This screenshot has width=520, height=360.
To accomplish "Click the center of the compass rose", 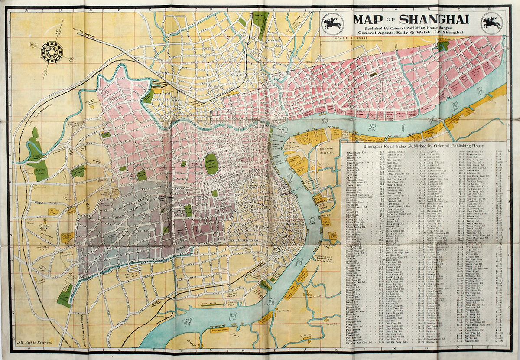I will pos(52,51).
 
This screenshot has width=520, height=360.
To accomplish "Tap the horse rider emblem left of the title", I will pos(332,23).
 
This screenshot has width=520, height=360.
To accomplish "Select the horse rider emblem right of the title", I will pos(492,23).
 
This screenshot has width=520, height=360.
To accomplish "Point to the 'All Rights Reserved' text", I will pos(35,342).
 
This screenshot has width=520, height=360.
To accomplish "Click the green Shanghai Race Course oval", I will pos(211,164).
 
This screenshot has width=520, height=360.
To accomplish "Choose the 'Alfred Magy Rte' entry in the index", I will pos(357,152).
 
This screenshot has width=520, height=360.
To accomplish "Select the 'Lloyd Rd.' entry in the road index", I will pos(433,152).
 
